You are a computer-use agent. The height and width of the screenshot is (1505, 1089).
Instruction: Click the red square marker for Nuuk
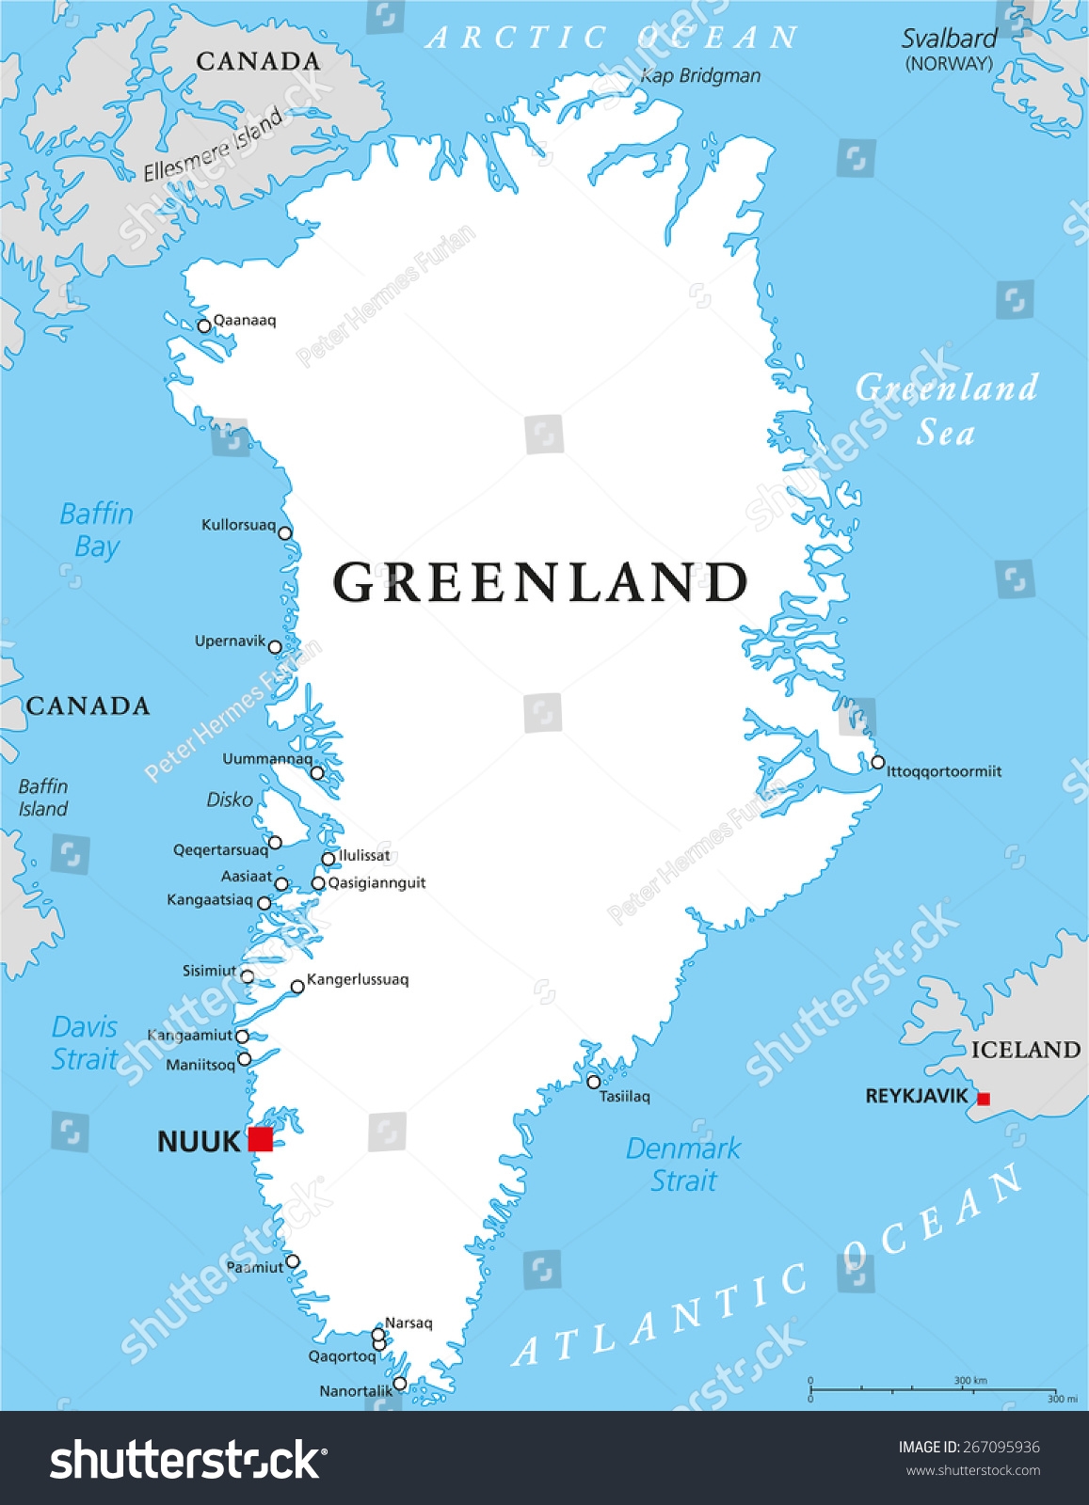pos(261,1139)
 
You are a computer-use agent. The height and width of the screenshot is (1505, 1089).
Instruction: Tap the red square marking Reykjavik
pos(984,1099)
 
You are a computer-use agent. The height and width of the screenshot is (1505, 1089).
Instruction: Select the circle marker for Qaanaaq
pos(204,326)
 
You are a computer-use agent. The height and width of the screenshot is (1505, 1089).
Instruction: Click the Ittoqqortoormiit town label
pos(944,771)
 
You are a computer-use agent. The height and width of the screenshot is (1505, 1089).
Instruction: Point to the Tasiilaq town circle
pos(594,1082)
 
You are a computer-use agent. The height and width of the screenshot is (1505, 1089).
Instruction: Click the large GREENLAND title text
pos(541,582)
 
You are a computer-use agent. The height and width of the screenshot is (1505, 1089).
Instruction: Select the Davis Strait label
pos(85,1042)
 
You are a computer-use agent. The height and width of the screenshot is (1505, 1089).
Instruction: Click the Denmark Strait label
pos(683,1164)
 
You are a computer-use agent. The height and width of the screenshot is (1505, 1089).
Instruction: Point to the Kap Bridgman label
pos(700,76)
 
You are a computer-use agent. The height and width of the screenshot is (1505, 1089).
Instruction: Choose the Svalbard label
pos(949,40)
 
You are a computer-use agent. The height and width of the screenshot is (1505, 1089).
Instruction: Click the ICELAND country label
pos(1026,1050)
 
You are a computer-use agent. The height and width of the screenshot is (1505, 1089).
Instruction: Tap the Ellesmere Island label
pos(213,144)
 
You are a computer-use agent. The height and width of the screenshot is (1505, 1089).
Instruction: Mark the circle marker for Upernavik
pos(275,646)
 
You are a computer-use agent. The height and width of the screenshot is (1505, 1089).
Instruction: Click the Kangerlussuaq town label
pos(358,979)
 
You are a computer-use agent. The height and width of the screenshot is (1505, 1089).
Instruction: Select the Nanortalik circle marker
pos(400,1383)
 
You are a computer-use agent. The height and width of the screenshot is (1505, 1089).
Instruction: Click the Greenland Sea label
pos(946,410)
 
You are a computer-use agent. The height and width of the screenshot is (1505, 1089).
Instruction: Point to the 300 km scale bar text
pos(970,1381)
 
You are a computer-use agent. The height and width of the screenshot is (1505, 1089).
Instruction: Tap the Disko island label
pos(230,800)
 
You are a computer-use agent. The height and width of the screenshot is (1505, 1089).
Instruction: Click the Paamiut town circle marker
pos(293,1261)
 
